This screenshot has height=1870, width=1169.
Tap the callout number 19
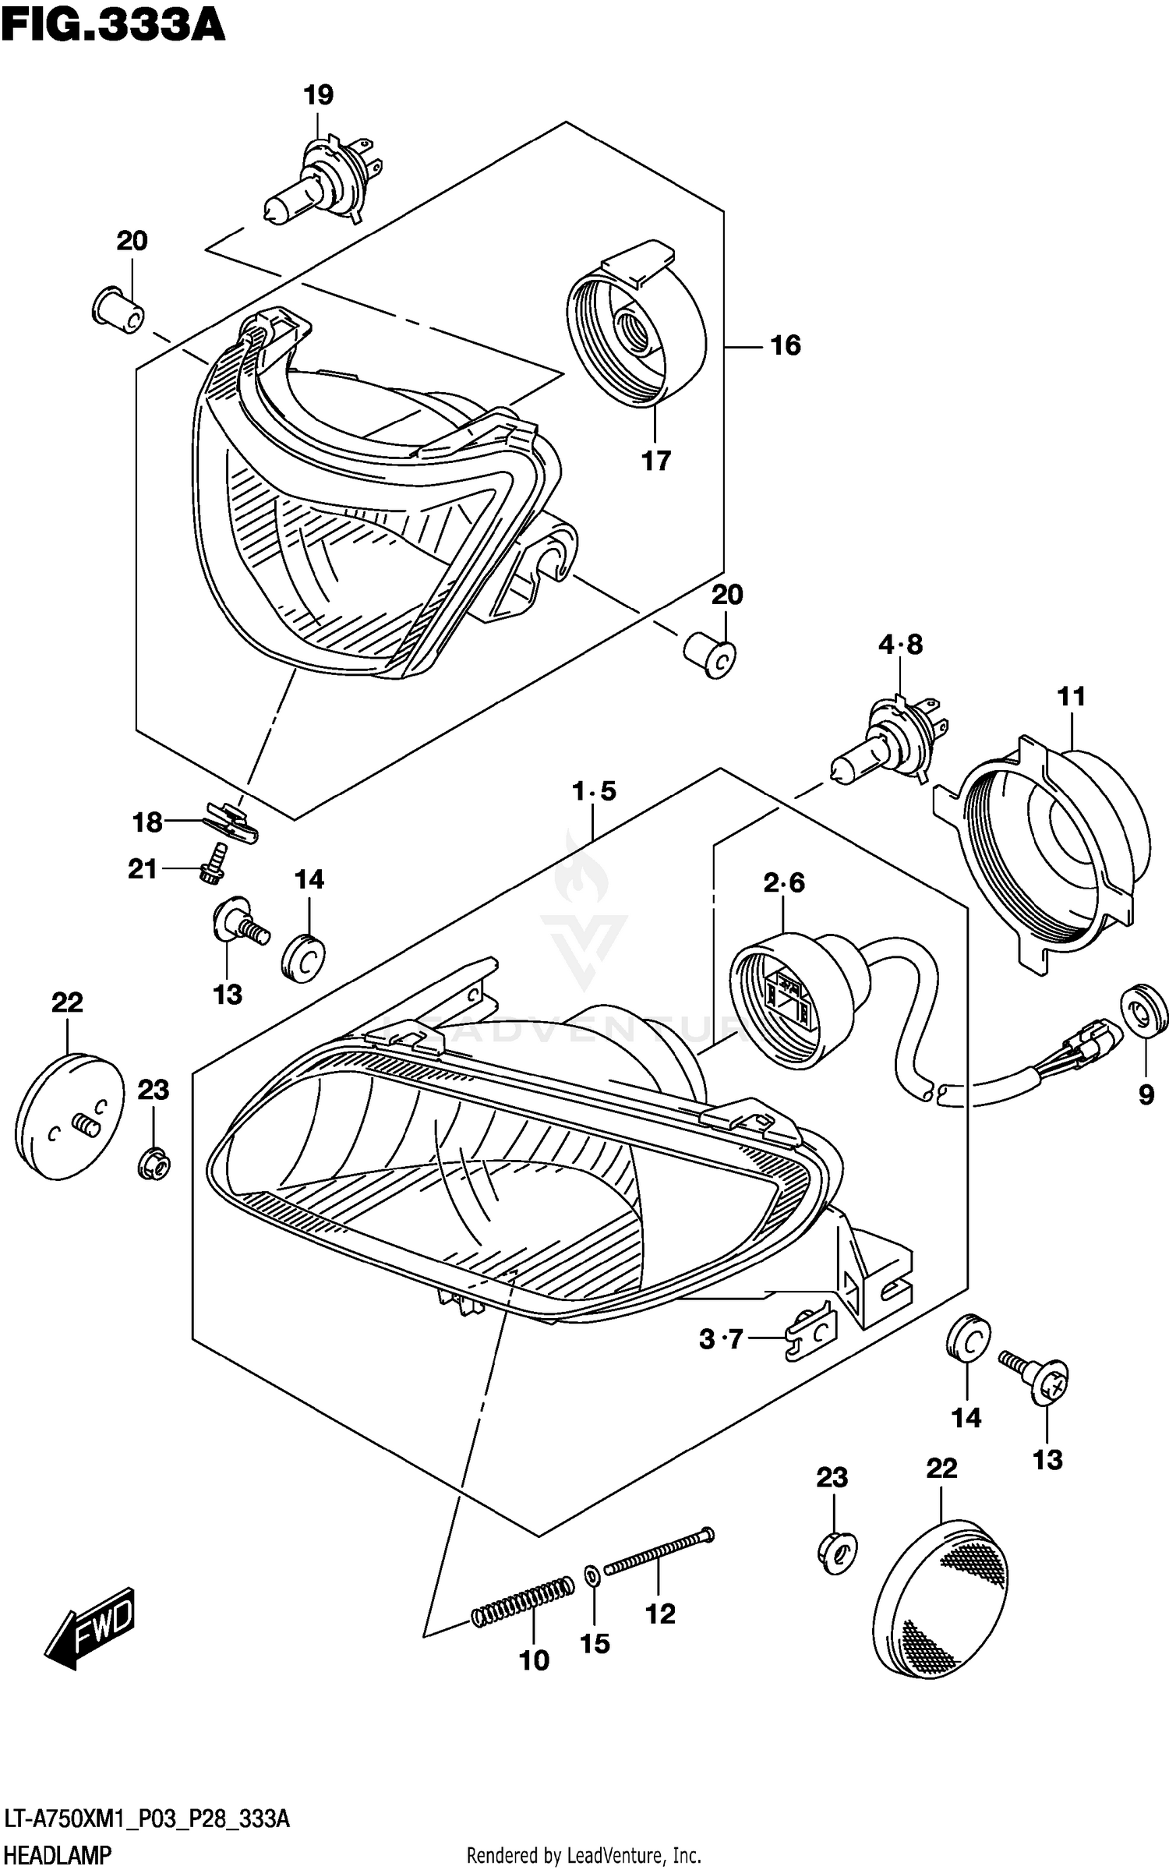(x=318, y=95)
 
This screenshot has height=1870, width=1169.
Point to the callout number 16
(x=785, y=345)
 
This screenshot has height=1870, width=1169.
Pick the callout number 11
(x=1071, y=696)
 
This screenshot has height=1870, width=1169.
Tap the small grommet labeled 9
(x=1144, y=1013)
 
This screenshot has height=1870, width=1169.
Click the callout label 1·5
(x=594, y=791)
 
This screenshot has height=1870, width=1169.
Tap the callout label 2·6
(x=784, y=882)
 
